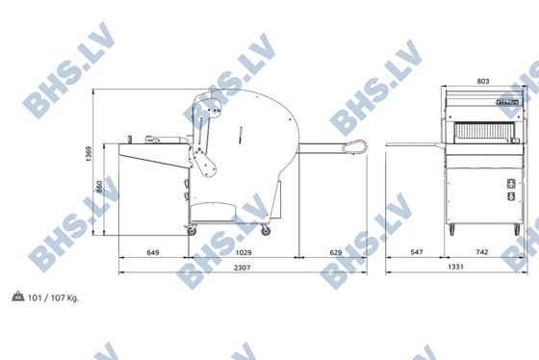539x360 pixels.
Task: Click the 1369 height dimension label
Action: tap(89, 154)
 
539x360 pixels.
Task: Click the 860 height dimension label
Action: tap(99, 187)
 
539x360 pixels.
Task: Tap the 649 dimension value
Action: tap(153, 252)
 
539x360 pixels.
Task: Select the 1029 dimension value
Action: tap(244, 252)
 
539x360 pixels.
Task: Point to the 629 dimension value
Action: tap(336, 252)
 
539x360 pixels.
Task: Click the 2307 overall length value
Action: tap(242, 268)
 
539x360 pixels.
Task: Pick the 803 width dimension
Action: tap(483, 81)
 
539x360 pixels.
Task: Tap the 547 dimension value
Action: tap(417, 252)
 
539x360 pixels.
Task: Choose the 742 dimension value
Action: tap(481, 252)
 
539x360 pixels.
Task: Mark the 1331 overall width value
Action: tap(455, 267)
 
